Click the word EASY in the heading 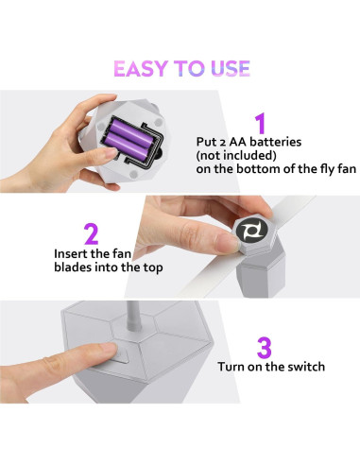141,69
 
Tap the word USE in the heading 231,69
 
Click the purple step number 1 261,124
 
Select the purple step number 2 91,233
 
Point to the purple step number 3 264,348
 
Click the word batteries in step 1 275,142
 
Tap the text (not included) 236,155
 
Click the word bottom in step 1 258,169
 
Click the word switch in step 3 307,367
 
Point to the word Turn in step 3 231,367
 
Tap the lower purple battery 128,144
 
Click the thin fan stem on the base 133,316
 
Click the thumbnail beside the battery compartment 110,153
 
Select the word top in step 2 153,267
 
